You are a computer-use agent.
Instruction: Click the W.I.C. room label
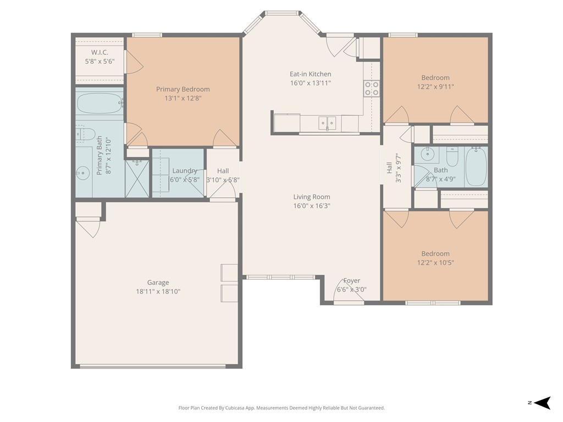click(x=100, y=52)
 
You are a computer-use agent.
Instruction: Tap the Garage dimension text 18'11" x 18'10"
click(x=158, y=292)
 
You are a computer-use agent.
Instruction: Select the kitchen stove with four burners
click(x=372, y=88)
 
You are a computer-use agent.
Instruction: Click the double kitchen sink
click(x=327, y=123)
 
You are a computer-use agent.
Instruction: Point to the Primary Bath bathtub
click(x=100, y=103)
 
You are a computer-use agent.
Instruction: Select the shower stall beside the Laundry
click(x=137, y=178)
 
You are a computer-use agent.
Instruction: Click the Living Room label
click(x=312, y=197)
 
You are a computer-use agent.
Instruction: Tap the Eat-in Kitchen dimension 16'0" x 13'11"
click(x=311, y=83)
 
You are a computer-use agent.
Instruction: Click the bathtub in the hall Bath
click(x=476, y=166)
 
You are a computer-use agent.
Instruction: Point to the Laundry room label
click(x=185, y=170)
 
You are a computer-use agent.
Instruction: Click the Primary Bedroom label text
click(x=183, y=89)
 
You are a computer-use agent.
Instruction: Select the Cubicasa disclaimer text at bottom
click(x=281, y=408)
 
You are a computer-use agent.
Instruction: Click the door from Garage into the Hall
click(x=223, y=192)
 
